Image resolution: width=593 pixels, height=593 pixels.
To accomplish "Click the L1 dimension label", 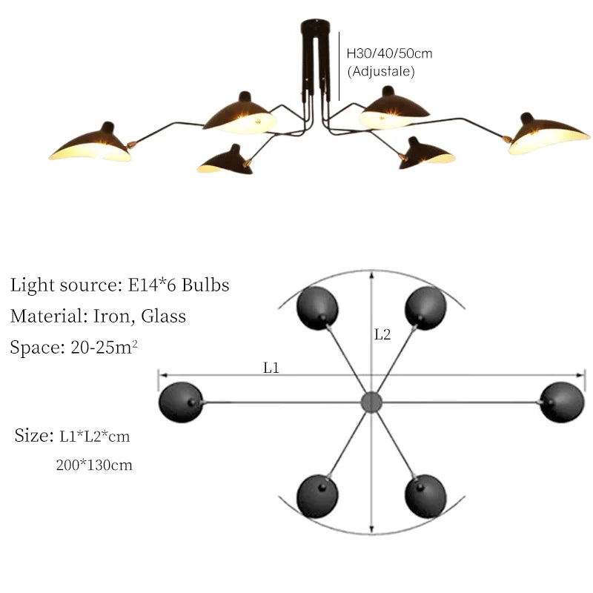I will point(271,366).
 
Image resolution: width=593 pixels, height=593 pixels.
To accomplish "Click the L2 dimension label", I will point(382,334).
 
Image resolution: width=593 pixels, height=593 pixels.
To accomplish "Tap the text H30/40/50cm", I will point(390,53).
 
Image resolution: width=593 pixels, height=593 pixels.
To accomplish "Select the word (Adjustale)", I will point(381,72).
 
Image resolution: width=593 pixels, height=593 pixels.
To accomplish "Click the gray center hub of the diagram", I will point(370,402).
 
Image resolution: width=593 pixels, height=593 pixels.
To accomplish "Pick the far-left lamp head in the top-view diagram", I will point(180,403).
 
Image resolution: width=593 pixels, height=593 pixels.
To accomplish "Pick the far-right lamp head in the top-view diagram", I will point(562,402).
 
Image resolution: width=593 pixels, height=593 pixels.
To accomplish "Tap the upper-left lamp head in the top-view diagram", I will point(317,307).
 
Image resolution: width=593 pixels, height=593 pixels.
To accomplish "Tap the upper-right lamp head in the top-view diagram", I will point(425,307).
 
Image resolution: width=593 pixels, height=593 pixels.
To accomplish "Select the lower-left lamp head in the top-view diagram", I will point(318,496).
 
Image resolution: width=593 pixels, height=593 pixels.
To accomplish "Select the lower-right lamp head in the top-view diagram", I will point(425,496).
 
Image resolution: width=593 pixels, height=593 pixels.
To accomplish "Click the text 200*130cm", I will point(94,466).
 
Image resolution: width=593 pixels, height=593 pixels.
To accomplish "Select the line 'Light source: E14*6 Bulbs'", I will point(119,285).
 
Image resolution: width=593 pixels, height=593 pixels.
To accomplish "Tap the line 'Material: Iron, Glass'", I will point(98,317).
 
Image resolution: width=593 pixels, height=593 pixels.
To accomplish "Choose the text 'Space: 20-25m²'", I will point(73,347).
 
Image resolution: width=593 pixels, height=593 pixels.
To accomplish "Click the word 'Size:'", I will point(33,435).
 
